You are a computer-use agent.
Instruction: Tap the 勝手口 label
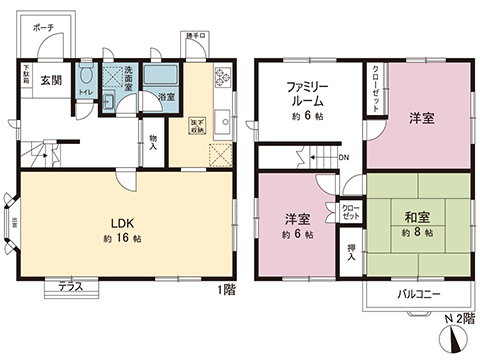195,36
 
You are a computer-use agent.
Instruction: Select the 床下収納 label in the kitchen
198,125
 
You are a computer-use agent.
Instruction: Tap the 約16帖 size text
121,240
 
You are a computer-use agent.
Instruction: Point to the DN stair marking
343,157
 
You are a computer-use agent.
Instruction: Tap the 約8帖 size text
418,233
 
